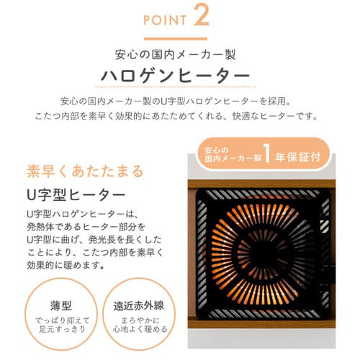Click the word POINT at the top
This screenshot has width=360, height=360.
point(165,20)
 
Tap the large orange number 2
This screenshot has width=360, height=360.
point(202,15)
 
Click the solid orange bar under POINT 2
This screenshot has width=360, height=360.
point(176,39)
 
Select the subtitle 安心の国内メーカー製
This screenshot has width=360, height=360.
point(176,55)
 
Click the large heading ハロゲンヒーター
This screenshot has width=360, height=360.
point(176,76)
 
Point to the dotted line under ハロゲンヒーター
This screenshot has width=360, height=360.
point(176,86)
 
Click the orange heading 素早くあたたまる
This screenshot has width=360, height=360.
point(85,171)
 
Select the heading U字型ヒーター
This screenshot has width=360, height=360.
point(76,195)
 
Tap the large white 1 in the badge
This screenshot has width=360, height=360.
point(267,153)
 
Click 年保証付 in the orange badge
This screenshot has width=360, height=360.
point(298,157)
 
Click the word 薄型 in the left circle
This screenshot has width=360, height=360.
point(61,305)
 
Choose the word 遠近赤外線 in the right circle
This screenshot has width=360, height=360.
point(139,306)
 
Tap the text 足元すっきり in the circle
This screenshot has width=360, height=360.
point(62,329)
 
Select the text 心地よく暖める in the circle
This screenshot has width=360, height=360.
point(140,329)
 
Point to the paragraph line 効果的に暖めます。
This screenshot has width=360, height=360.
point(66,266)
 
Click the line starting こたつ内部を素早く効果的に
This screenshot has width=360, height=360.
point(176,117)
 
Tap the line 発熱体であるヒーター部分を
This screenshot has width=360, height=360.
point(86,227)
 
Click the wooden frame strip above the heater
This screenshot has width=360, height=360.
point(261,184)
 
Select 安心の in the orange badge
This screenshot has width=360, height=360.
point(216,150)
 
